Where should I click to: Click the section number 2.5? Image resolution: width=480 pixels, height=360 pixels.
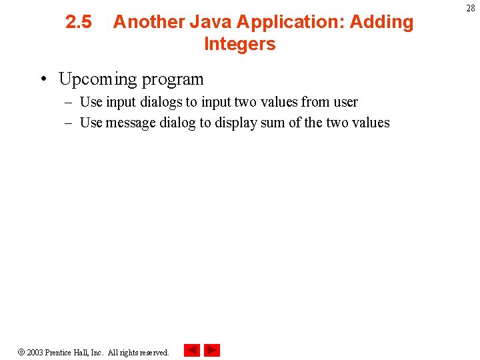click(x=79, y=22)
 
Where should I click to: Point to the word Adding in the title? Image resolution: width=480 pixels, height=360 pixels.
click(x=381, y=22)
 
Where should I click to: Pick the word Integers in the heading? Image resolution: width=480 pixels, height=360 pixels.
click(x=239, y=44)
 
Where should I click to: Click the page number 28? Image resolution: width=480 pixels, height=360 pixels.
click(x=471, y=8)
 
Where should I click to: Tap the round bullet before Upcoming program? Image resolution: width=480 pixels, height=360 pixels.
click(x=42, y=79)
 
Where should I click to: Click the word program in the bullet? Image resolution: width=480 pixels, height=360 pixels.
click(x=172, y=79)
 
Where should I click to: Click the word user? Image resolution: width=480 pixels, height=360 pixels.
click(x=345, y=102)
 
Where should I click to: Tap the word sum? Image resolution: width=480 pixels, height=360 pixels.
click(x=275, y=123)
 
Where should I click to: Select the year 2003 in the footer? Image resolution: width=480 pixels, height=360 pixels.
click(x=35, y=352)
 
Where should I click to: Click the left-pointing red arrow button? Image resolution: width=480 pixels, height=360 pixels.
click(x=191, y=350)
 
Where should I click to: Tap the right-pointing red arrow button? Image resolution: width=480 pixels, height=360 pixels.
click(x=212, y=350)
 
